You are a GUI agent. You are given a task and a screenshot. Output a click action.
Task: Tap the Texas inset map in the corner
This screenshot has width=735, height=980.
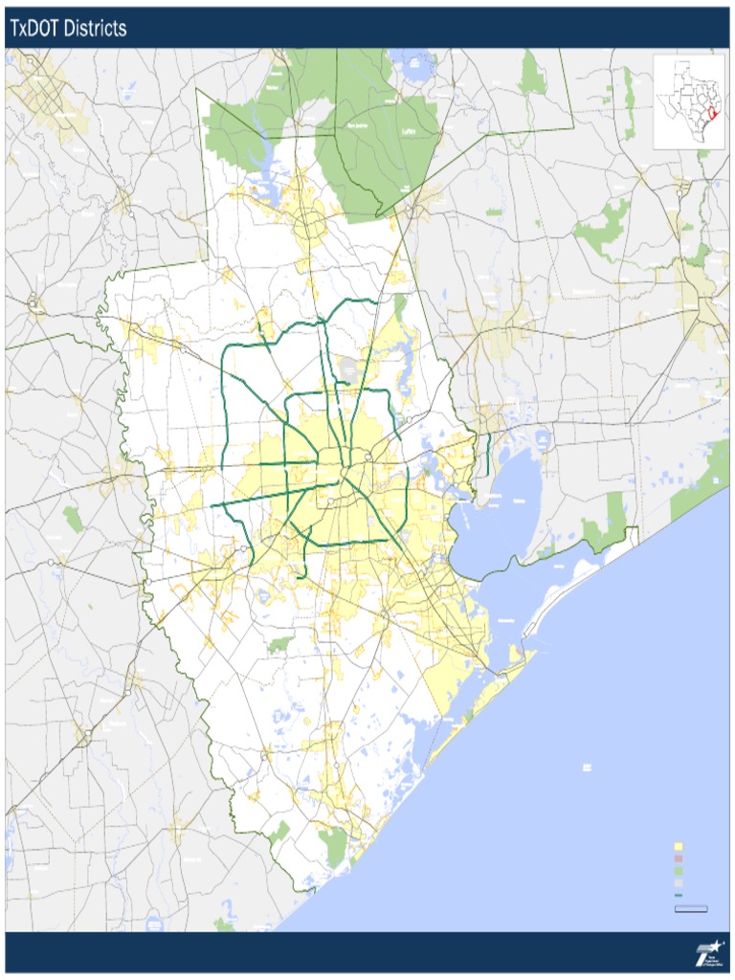click(x=688, y=100)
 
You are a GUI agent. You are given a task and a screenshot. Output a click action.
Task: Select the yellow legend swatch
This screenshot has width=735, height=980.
click(x=679, y=847)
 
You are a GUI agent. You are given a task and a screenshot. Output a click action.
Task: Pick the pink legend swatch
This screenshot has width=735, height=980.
click(x=679, y=859)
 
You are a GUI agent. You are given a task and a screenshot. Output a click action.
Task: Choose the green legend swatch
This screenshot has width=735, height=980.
click(x=679, y=872)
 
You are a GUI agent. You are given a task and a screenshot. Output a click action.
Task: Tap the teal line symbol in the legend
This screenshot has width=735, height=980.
click(x=679, y=895)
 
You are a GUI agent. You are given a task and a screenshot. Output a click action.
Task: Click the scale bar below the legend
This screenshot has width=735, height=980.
click(x=690, y=907)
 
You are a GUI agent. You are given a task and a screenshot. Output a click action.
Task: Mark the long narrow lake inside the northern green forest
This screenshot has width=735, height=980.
click(x=256, y=120)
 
